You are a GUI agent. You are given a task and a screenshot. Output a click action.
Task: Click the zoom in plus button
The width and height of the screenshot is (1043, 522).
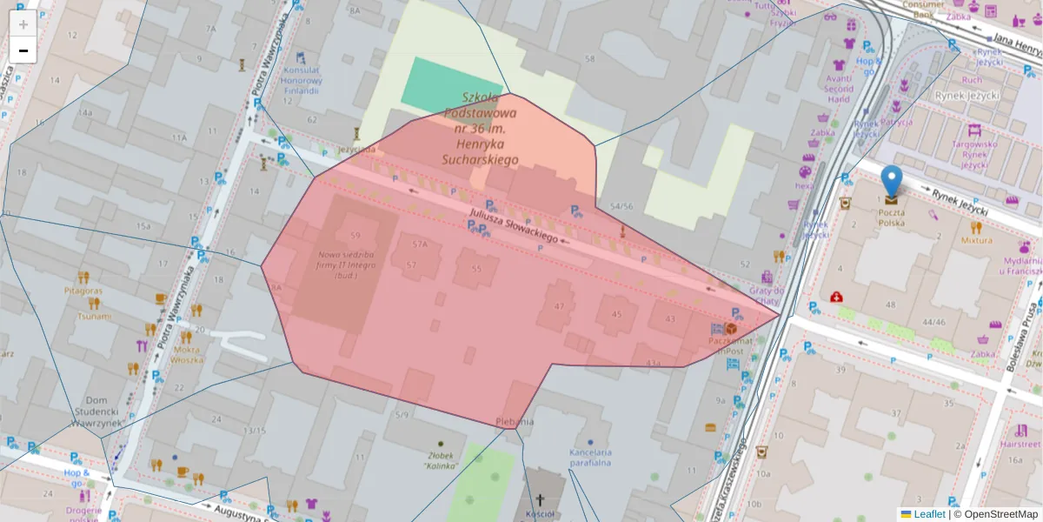[23, 24]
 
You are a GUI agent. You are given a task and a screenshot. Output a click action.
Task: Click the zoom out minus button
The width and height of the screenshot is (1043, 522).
[23, 50]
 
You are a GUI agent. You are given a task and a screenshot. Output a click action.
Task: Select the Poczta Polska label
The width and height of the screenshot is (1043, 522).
[891, 217]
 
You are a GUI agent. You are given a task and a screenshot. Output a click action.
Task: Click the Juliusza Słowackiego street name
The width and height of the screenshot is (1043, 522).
[513, 224]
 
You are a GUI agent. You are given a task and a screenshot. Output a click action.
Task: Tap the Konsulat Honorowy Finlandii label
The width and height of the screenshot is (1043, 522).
[302, 80]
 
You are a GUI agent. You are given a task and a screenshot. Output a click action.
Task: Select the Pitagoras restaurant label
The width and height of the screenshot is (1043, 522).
[83, 291]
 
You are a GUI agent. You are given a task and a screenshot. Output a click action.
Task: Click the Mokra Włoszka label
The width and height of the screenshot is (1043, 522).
[186, 353]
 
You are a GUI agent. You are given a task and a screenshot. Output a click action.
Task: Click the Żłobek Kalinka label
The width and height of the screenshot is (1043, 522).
[441, 460]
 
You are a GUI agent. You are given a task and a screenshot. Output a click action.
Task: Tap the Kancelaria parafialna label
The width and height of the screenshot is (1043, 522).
[591, 458]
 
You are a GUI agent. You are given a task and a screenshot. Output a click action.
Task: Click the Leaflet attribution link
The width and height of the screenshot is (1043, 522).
[929, 514]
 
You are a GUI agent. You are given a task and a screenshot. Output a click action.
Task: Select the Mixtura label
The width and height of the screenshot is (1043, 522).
[977, 240]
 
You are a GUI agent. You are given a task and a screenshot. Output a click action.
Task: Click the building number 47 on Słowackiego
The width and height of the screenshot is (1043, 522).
[559, 306]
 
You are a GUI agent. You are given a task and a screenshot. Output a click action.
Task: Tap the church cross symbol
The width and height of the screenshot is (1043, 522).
[540, 500]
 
